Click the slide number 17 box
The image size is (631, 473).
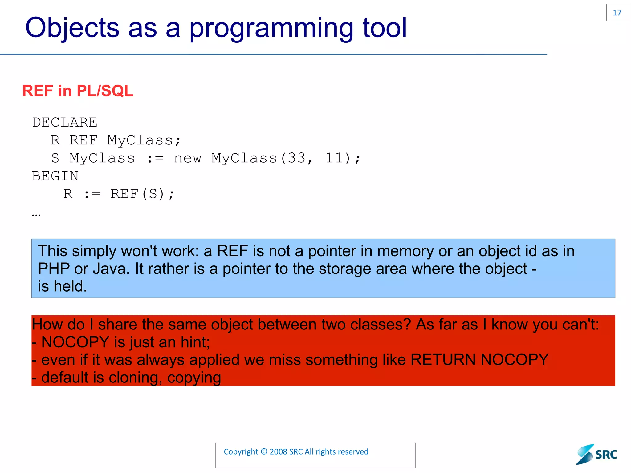[x=617, y=13]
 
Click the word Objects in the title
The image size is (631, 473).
[x=72, y=28]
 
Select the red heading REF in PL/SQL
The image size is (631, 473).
[x=78, y=91]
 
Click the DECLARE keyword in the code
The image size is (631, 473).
[x=65, y=123]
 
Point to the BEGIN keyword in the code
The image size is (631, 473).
[x=55, y=176]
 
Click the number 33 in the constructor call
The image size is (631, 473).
[x=296, y=158]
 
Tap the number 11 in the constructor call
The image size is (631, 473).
[x=334, y=158]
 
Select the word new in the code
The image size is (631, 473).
[x=187, y=158]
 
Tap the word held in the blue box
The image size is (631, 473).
[x=70, y=286]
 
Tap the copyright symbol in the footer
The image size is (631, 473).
[x=264, y=452]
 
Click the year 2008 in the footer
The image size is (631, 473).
[x=278, y=452]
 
